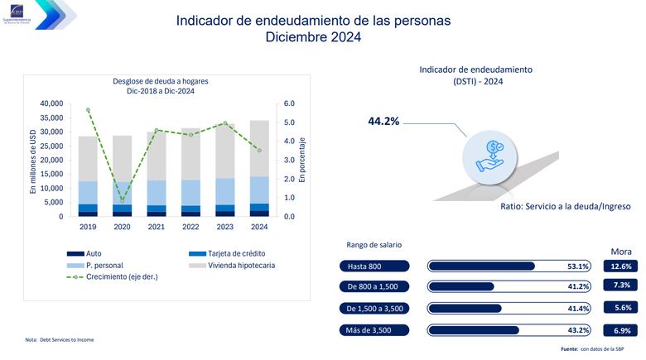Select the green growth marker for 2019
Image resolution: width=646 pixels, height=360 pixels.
pos(88,109)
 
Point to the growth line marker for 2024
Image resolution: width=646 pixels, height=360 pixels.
pos(258,150)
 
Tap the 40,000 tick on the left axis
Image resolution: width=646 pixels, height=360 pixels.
pos(51,103)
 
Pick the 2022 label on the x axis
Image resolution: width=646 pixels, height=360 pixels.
pos(190,227)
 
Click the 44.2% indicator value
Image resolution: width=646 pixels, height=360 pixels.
pos(383,122)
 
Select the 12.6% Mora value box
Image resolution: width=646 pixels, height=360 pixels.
pos(621,266)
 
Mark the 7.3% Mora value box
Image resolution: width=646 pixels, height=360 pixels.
pos(621,286)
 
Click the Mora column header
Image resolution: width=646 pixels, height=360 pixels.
pos(621,251)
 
